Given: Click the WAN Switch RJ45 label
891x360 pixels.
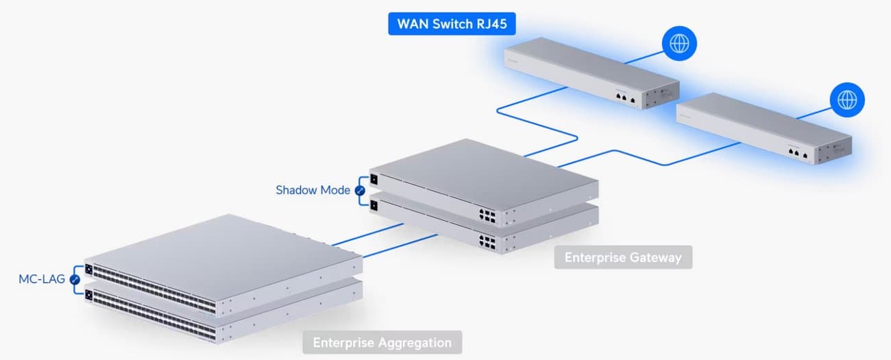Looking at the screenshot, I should (451, 23).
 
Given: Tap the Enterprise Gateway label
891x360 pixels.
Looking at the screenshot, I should (622, 258).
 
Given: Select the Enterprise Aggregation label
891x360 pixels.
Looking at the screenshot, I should (382, 342).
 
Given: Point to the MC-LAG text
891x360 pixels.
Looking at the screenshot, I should (42, 279).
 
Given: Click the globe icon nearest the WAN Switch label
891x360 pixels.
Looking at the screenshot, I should (679, 45).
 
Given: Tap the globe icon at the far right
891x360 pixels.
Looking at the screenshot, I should (847, 99).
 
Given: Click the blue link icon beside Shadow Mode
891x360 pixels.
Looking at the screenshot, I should (361, 190).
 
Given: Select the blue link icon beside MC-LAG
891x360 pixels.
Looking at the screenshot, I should (75, 280).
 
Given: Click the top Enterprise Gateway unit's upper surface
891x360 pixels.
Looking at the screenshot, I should (480, 171).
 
